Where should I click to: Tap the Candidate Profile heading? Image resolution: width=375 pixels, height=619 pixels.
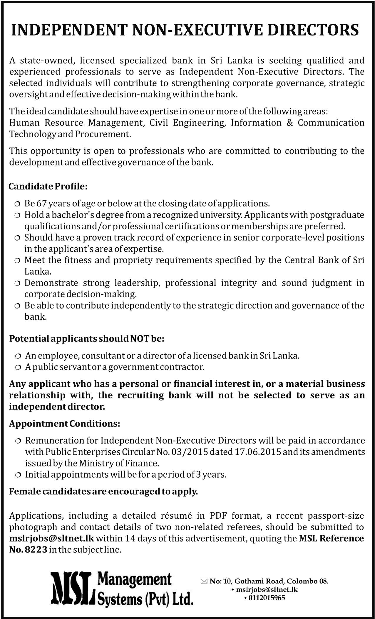click(x=48, y=186)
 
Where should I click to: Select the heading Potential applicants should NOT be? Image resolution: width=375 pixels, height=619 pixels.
click(x=87, y=339)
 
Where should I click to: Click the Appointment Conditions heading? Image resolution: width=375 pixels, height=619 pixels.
click(x=64, y=424)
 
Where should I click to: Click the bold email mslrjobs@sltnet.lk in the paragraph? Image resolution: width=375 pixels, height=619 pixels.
click(x=51, y=539)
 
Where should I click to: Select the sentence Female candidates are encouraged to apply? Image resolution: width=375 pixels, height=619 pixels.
click(x=103, y=491)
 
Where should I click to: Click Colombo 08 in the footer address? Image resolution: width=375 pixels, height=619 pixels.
click(x=307, y=581)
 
